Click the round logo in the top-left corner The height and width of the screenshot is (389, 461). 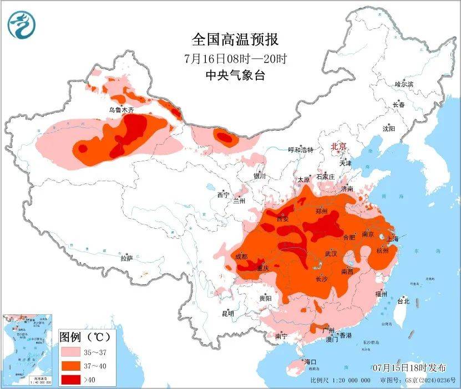tap(21, 24)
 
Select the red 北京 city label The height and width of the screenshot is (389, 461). tap(338, 147)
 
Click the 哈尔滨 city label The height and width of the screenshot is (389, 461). tap(404, 84)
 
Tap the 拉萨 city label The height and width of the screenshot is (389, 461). tap(126, 258)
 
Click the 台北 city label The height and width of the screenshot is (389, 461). tap(403, 301)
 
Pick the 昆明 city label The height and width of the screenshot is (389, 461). tap(227, 314)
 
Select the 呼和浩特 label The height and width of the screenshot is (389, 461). tap(301, 150)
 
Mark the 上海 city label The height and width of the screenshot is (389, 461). tap(392, 239)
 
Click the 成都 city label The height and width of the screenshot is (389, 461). tap(241, 257)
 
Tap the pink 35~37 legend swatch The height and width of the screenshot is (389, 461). tap(72, 352)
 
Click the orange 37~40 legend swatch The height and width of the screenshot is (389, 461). tap(72, 366)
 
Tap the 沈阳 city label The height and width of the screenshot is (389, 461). tap(388, 129)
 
